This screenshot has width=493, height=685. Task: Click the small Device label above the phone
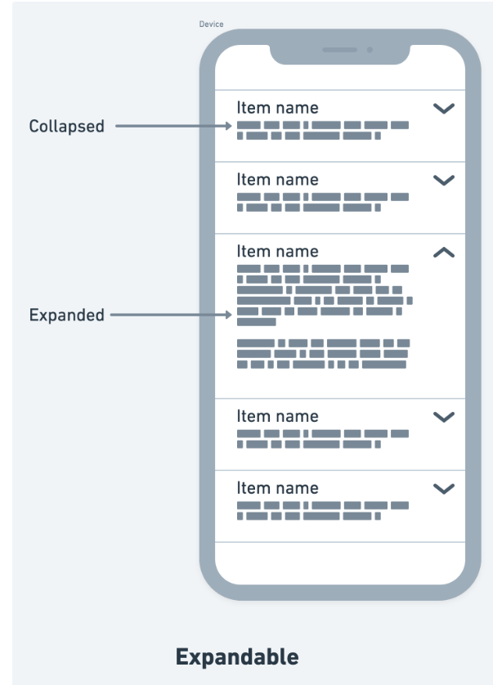tap(211, 25)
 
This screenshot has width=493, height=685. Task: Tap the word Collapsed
tap(67, 126)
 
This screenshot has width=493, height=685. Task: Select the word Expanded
tap(67, 315)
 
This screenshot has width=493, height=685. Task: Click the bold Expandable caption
tap(237, 657)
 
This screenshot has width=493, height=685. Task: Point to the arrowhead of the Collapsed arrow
tap(229, 126)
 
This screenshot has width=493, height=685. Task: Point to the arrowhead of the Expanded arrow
tap(229, 315)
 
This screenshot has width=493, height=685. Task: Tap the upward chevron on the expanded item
tap(444, 252)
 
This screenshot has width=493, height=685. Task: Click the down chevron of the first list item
tap(444, 109)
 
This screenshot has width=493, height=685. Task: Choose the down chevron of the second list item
tap(444, 180)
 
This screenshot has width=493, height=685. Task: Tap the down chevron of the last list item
tap(444, 489)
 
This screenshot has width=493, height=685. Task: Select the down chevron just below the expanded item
tap(444, 417)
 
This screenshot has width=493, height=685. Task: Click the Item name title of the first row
tap(277, 108)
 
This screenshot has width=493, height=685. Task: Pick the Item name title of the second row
tap(277, 180)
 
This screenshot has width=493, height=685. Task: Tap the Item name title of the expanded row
tap(277, 251)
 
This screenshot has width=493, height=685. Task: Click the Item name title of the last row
tap(277, 488)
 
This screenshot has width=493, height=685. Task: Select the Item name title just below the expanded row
tap(277, 416)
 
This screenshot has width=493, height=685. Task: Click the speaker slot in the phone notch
tap(339, 50)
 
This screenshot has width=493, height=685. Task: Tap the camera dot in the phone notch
tap(370, 50)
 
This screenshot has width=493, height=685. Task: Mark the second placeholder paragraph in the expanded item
tap(324, 354)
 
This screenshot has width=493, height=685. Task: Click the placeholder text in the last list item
tap(323, 511)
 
